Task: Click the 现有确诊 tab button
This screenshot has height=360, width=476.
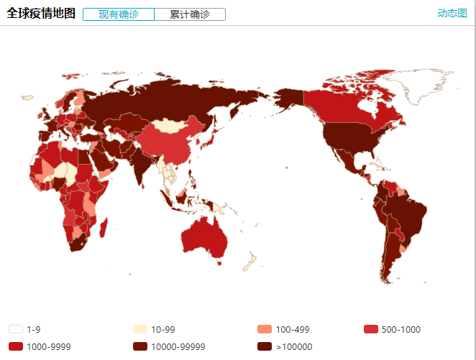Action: coord(119,14)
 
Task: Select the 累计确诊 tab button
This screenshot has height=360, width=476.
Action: coord(190,14)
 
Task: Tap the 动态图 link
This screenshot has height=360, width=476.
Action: coord(452,14)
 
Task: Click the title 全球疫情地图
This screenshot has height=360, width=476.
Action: coord(41,14)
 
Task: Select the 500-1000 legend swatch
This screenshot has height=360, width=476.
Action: coord(370,329)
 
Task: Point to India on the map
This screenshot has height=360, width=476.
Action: coord(144,162)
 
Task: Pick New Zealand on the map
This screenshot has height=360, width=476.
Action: coord(248,264)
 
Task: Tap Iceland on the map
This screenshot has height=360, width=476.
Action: coord(27,98)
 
